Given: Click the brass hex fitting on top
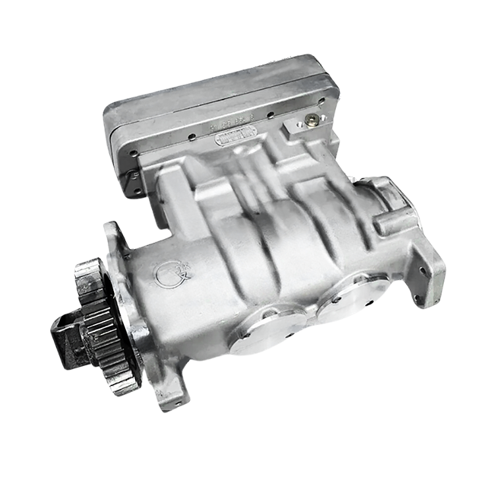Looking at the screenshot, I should (311, 123).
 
